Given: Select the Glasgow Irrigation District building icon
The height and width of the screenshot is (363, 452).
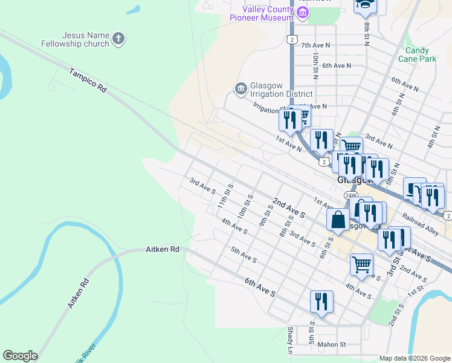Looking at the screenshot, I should pos(241,89).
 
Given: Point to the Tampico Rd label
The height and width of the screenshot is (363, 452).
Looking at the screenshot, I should pos(88,79).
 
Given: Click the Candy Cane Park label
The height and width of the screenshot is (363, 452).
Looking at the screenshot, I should pos(417,54).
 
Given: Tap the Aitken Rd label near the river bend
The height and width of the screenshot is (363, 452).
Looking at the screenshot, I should pos(163,249).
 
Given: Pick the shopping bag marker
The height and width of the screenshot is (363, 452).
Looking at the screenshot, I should pos(338,220).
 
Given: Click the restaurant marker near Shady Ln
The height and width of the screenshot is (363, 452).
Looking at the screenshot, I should pos(321,302).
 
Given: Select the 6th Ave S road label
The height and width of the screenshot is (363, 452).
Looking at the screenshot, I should pos(260,287).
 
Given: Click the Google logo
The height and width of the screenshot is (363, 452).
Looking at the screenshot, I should pos(20,356).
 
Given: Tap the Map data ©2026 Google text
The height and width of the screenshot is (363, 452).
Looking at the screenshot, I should pos(415,358).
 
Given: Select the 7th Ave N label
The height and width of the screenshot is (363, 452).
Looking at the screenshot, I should pos(316,45).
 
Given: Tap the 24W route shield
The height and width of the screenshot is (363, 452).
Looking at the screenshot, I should pos(351,195).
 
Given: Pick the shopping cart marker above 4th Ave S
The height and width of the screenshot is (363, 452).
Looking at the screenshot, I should pos(361,264).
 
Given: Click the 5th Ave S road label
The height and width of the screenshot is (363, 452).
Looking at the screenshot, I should pos(244,254).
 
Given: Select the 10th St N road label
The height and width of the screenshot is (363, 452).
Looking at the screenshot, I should pos(315,65).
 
